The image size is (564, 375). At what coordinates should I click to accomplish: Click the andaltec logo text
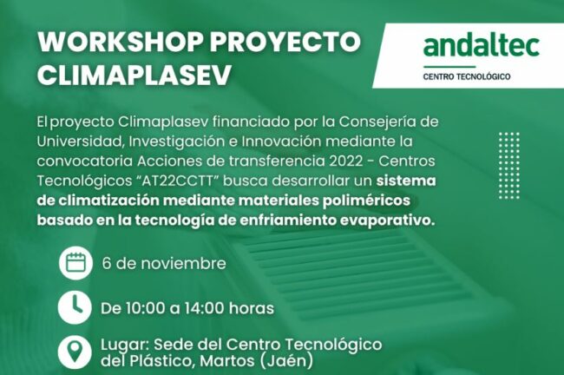(x=482, y=44)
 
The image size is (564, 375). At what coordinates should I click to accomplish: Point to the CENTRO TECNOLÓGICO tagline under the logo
(x=466, y=76)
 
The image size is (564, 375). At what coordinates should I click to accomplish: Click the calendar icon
(x=76, y=263)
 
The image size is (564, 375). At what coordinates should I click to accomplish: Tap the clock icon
(x=76, y=307)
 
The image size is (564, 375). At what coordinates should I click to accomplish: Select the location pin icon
(x=76, y=352)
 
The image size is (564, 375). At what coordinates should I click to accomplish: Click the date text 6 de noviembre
(x=164, y=263)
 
